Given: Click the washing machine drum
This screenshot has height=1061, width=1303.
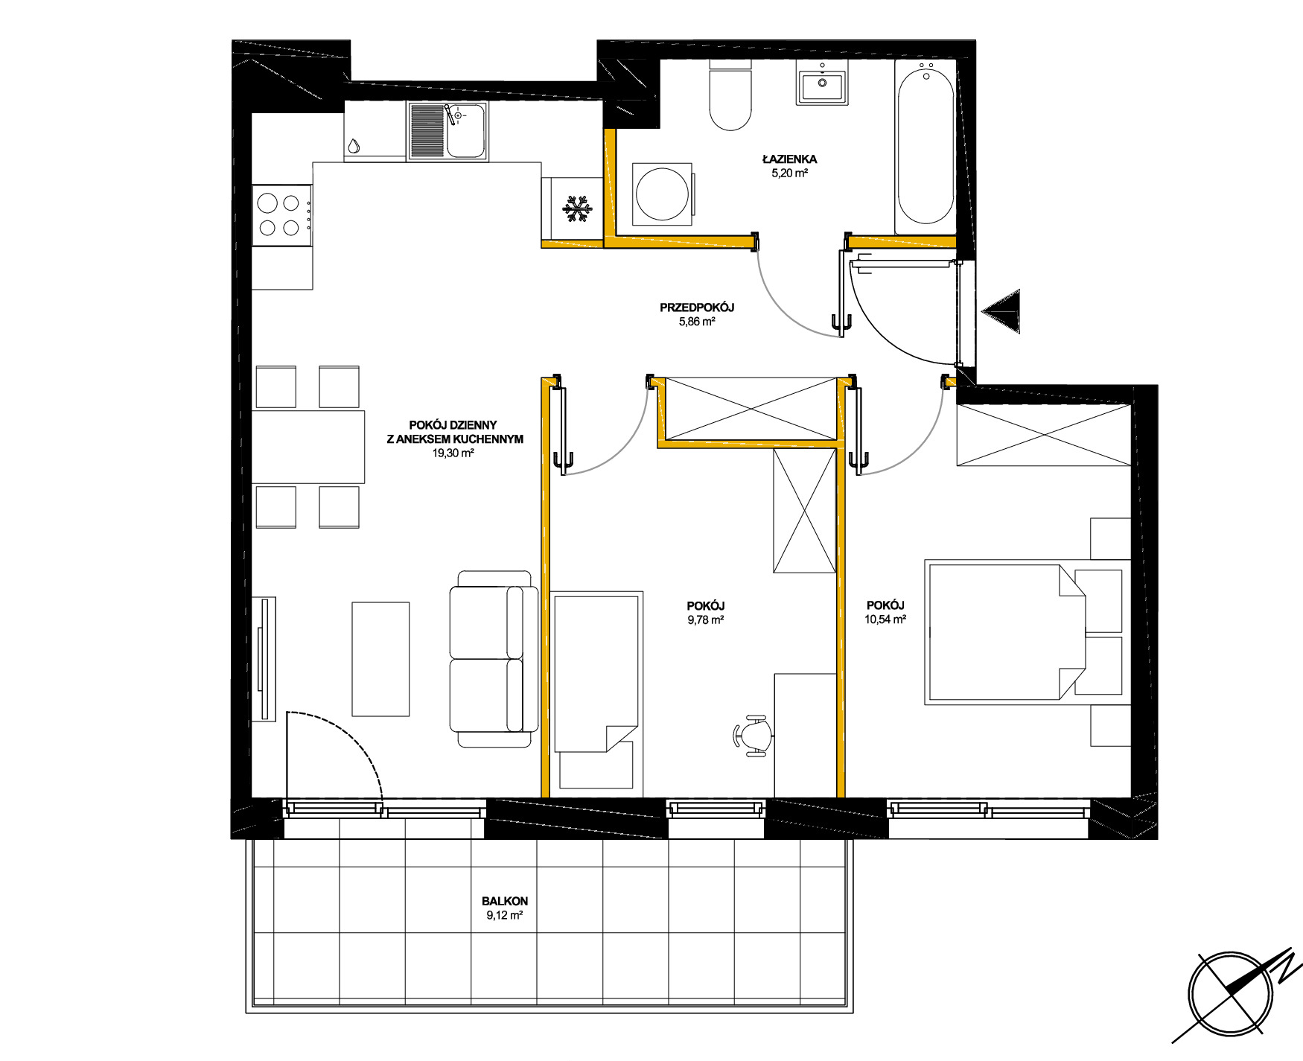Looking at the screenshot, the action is [x=662, y=194].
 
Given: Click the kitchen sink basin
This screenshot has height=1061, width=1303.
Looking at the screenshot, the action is [x=466, y=131].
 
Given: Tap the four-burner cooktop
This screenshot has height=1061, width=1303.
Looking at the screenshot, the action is [x=282, y=215].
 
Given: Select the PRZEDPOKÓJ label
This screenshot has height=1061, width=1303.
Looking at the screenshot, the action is [x=697, y=308].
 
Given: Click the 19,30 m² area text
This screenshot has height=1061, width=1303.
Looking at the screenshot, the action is [x=453, y=453].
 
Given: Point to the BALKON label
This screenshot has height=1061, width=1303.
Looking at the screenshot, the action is [x=505, y=901].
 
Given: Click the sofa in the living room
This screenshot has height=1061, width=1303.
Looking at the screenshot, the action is [x=494, y=659].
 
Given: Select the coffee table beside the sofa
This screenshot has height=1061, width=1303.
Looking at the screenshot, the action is [x=380, y=659].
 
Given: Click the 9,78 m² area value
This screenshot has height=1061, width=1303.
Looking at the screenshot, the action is [x=706, y=619].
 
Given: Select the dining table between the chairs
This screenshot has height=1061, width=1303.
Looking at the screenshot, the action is [x=308, y=447].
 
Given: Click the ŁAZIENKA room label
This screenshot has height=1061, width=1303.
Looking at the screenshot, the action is [x=789, y=159].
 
